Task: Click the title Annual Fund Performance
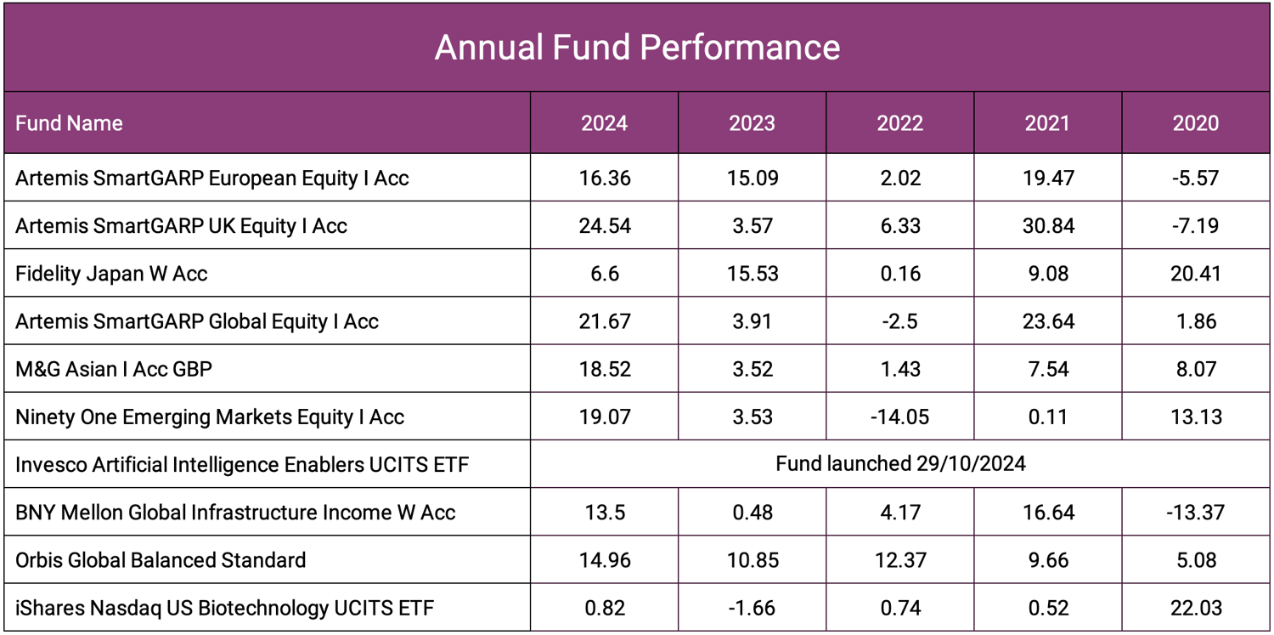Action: coord(637,48)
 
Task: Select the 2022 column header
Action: coord(899,123)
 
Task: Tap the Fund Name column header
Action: coord(69,123)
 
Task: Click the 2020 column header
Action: coord(1195,123)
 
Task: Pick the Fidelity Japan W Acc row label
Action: coord(111,274)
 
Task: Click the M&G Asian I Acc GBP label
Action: coord(114,369)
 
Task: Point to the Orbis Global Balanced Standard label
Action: coord(161,560)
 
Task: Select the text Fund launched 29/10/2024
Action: coord(900,464)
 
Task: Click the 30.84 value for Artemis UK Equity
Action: coord(1047,226)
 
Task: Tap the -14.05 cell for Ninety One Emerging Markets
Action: coord(899,417)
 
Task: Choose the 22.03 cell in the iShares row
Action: coord(1195,608)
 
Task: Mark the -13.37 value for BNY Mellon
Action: coord(1195,513)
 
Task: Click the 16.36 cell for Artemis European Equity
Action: coord(604,179)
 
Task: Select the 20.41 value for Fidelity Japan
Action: coord(1195,274)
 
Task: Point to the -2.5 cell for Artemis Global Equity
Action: coord(899,321)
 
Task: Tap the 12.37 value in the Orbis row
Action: coord(899,560)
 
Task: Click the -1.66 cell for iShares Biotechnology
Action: coord(752,608)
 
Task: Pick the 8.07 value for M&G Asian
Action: coord(1195,369)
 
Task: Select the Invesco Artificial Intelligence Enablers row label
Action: coord(242,464)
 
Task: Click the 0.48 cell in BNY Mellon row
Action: coord(752,513)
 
